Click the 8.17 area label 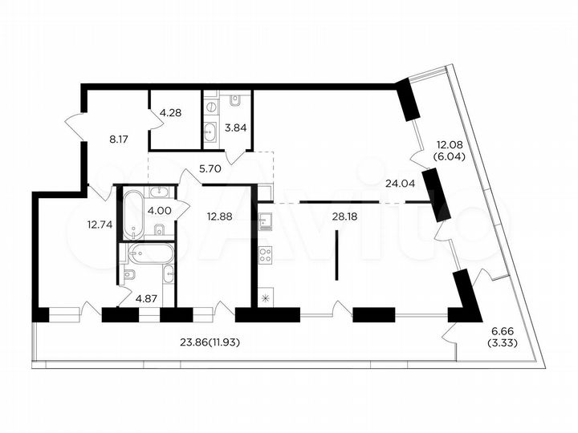point(119,140)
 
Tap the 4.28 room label point(170,112)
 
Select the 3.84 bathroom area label point(235,127)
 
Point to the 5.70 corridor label point(210,168)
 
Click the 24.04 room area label point(400,183)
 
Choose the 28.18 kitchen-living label point(344,216)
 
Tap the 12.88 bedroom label point(220,216)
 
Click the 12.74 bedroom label point(100,224)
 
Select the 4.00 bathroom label point(159,211)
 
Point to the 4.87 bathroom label point(146,298)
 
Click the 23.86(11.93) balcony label point(210,342)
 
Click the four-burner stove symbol point(266,255)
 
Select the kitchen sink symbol point(265,221)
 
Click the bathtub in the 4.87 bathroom point(150,253)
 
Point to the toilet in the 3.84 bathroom point(234,99)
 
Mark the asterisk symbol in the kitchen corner point(265,298)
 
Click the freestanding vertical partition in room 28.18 point(336,255)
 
